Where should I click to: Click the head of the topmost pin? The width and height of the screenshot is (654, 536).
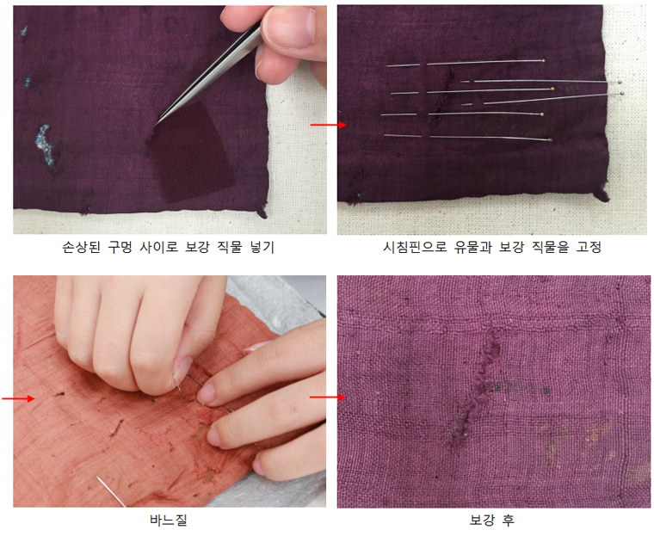tap(543, 61)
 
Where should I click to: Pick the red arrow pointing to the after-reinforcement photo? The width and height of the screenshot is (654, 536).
tap(325, 397)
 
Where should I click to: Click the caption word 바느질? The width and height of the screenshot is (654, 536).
tap(168, 520)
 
